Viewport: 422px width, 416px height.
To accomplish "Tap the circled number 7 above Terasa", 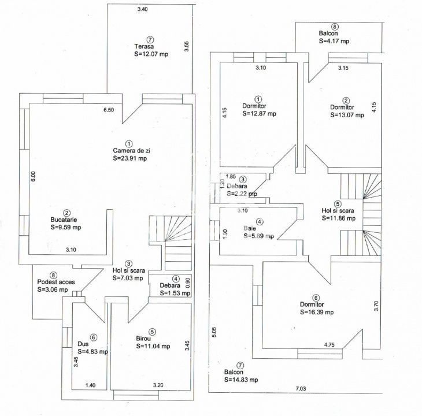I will click(150, 39).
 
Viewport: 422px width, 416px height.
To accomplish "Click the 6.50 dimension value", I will click(108, 109).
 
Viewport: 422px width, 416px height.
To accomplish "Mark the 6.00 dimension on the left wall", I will click(34, 177).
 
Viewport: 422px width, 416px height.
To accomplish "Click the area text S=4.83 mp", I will click(92, 351).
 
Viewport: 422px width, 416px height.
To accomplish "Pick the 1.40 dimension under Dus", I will click(91, 385).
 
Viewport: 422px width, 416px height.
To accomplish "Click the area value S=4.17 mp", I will click(334, 41).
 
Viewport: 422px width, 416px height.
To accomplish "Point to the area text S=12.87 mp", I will click(259, 114).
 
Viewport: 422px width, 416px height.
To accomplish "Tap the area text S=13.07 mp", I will click(347, 115).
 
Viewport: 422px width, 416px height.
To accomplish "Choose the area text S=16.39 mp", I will click(317, 312).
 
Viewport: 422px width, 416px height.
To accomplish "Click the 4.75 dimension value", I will click(331, 345).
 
